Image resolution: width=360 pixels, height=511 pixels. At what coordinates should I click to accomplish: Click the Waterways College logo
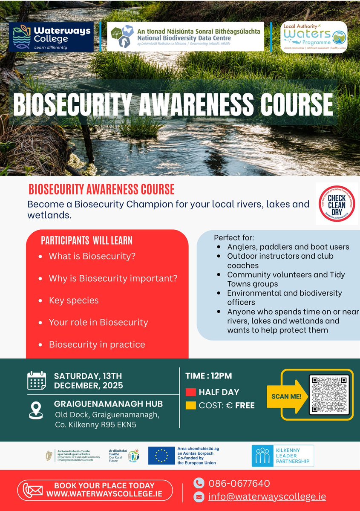(51, 37)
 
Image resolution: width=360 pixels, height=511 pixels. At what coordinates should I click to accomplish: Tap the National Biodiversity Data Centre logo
(185, 37)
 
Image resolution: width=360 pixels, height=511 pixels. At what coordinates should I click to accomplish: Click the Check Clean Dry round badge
(337, 204)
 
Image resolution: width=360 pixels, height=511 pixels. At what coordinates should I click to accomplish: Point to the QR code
(329, 394)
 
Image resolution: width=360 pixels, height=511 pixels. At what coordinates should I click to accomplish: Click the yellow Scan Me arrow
(287, 396)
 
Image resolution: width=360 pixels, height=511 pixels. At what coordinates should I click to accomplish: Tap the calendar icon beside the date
(37, 381)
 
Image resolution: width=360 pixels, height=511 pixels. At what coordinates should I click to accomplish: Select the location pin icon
(36, 410)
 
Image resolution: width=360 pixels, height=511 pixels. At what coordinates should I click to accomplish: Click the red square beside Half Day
(190, 392)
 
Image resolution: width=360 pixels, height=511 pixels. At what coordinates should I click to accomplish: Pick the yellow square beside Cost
(190, 405)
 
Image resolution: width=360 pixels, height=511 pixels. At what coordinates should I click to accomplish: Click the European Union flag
(161, 456)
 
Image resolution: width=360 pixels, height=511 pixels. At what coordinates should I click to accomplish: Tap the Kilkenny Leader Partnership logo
(282, 456)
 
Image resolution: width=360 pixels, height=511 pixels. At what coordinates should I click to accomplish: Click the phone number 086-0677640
(239, 483)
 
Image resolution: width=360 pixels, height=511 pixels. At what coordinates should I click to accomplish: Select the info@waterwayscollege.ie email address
(267, 497)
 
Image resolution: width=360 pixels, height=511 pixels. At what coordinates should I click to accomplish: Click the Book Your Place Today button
(95, 490)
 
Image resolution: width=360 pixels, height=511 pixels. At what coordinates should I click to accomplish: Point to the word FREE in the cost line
(245, 405)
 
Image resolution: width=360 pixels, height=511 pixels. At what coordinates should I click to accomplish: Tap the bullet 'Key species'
(74, 300)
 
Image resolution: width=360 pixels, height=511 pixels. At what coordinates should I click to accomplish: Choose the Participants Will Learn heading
(86, 240)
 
